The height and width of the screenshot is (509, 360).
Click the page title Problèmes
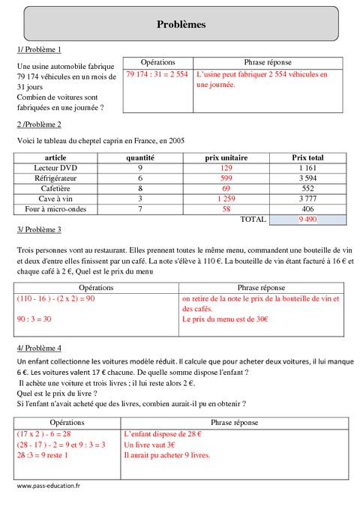tap(181, 25)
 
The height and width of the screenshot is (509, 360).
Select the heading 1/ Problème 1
tap(38, 49)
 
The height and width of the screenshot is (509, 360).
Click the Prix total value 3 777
tap(307, 199)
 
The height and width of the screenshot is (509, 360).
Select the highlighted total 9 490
tap(307, 220)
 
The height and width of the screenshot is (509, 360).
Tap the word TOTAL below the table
tap(251, 220)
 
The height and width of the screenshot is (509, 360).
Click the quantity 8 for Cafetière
tap(139, 189)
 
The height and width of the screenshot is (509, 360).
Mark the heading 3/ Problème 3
tap(38, 229)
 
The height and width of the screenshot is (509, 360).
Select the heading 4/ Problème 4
tap(38, 348)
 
